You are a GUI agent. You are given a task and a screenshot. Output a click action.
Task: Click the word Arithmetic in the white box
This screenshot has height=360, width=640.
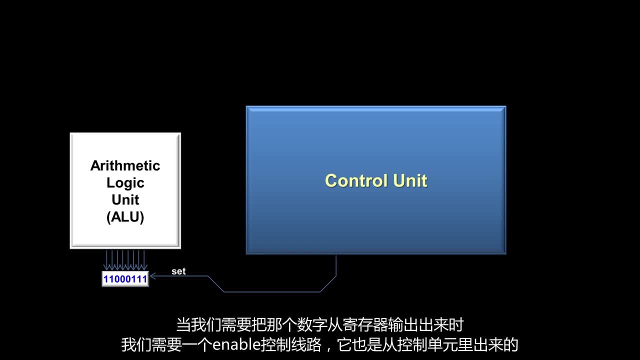pyautogui.click(x=125, y=165)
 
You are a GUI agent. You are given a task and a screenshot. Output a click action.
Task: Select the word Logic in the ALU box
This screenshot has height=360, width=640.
pyautogui.click(x=125, y=183)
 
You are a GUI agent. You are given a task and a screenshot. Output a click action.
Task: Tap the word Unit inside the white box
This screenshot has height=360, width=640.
pyautogui.click(x=125, y=199)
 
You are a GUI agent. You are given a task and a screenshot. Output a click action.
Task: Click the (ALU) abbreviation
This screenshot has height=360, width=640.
pyautogui.click(x=125, y=217)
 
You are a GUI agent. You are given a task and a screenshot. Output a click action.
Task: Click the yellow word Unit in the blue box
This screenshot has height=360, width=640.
pyautogui.click(x=410, y=180)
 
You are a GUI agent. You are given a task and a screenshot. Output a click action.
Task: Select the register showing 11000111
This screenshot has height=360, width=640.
pyautogui.click(x=125, y=279)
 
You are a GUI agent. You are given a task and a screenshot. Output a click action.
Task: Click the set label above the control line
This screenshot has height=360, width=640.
pyautogui.click(x=178, y=271)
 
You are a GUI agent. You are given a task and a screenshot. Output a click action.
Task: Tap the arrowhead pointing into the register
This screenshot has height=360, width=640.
pyautogui.click(x=153, y=276)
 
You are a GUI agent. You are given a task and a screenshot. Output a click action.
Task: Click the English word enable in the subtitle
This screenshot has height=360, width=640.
pyautogui.click(x=236, y=344)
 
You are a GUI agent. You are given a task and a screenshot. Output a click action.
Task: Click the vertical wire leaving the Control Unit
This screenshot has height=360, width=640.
pyautogui.click(x=336, y=265)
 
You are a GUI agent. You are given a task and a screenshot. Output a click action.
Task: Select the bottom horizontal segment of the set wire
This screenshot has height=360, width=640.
pyautogui.click(x=271, y=291)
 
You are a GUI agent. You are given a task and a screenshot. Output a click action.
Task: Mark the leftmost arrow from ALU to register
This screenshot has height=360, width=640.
pyautogui.click(x=106, y=260)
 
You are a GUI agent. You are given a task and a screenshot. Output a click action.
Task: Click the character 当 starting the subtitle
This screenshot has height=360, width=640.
pyautogui.click(x=183, y=325)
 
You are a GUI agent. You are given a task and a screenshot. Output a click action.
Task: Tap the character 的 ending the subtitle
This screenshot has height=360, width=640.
pyautogui.click(x=510, y=344)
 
